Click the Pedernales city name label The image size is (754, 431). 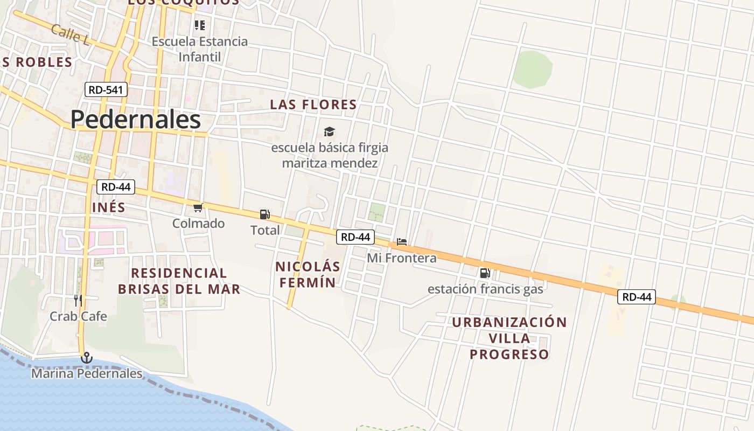pos(135,120)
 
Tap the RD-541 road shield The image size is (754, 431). pos(106,89)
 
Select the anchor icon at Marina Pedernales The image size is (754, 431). pos(86,357)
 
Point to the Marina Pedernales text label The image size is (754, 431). pos(87,373)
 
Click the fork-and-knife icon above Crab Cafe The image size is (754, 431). pos(79,300)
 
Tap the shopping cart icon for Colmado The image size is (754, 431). pos(198,207)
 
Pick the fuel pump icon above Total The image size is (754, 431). pos(264,214)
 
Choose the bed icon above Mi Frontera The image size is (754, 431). pos(401,242)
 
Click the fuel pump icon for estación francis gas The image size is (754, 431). pos(485,273)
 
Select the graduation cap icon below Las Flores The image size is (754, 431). pos(329,131)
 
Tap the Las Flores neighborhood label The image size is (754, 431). pos(313,105)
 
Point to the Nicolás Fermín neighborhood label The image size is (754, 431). pos(308,274)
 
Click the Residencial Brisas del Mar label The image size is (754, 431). pos(179,281)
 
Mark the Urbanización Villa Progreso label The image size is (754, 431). pos(509,338)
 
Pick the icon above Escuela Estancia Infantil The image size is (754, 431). pos(200,25)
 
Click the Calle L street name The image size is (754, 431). pos(71,34)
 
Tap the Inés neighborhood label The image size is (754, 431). pos(108,207)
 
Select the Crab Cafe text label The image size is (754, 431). pos(78,316)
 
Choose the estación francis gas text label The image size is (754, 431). pos(485,289)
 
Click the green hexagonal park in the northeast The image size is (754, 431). pos(532,69)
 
